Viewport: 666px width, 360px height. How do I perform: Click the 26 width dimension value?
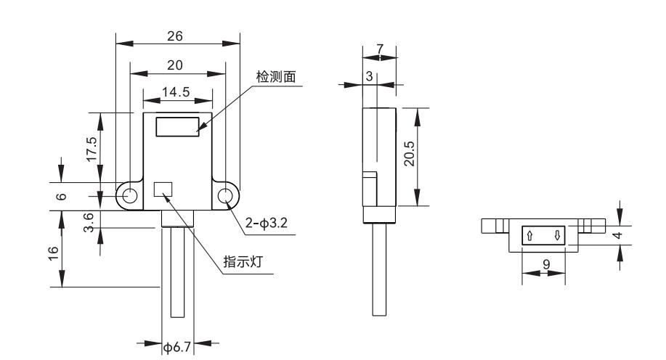click(175, 35)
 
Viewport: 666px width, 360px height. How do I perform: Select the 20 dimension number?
click(175, 65)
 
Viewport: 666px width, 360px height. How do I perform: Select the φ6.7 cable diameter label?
click(176, 348)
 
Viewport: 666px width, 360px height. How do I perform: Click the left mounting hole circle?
click(130, 195)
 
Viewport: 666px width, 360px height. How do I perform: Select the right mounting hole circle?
click(226, 195)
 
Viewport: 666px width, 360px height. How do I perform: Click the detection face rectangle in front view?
click(178, 127)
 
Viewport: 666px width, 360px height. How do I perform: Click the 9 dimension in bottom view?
click(545, 265)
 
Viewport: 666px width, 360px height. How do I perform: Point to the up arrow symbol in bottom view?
click(529, 235)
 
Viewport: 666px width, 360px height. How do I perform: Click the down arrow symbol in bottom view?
click(557, 235)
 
